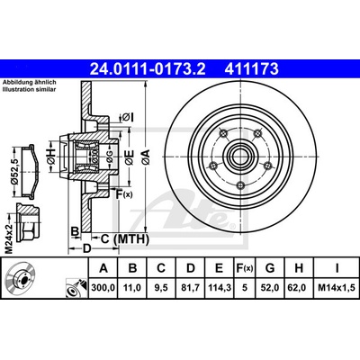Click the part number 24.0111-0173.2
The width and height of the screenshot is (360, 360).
[148, 68]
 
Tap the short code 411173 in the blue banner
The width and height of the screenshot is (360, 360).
[252, 68]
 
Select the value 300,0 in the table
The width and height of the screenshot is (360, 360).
[103, 288]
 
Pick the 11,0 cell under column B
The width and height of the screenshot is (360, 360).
[132, 288]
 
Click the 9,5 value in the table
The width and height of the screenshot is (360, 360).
[161, 288]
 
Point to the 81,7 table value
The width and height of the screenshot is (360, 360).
[191, 288]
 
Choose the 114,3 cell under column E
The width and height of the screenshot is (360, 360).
[219, 288]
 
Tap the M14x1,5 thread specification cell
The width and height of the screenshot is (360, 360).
[337, 288]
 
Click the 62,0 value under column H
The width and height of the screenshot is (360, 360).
[299, 288]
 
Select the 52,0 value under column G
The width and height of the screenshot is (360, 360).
[270, 288]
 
